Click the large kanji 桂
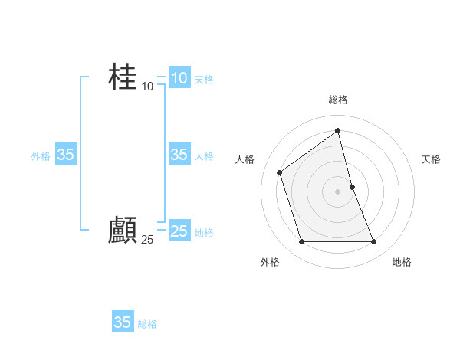(x=123, y=77)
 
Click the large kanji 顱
(x=123, y=230)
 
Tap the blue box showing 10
(x=179, y=77)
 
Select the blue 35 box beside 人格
(x=179, y=155)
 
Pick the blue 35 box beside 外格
(x=66, y=155)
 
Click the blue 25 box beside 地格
(x=179, y=231)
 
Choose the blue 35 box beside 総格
(x=123, y=322)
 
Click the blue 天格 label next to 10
(x=204, y=80)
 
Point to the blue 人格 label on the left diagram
(x=204, y=156)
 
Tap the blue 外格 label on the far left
(x=41, y=156)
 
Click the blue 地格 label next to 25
(x=204, y=233)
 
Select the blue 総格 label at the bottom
(x=147, y=324)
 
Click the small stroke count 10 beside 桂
(x=148, y=87)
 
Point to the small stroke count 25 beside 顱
(x=148, y=240)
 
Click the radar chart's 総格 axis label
(x=338, y=100)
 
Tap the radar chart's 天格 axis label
(x=431, y=159)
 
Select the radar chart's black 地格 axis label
(x=402, y=262)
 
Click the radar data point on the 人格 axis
(x=280, y=172)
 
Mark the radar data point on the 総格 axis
(x=338, y=130)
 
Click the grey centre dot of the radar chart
(x=338, y=191)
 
